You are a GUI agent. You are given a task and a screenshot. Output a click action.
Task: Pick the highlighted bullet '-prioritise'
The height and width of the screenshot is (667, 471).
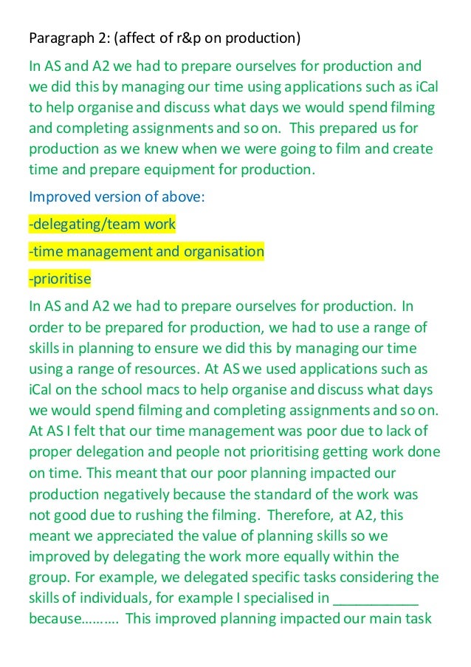[60, 278]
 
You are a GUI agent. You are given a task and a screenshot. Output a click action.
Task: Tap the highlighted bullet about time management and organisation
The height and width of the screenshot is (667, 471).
[145, 251]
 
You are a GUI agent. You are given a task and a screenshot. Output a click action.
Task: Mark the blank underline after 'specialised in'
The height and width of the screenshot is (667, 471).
[377, 598]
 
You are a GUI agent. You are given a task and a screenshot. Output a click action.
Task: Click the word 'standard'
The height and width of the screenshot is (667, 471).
[317, 494]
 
